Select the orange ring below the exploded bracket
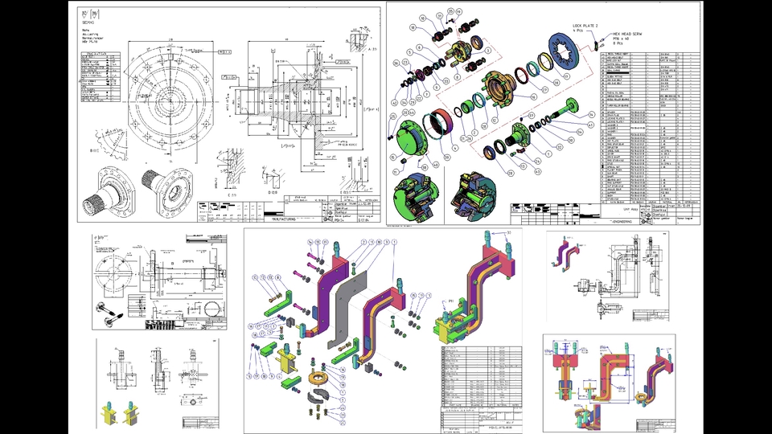click(318, 378)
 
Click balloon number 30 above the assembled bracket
click(509, 234)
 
